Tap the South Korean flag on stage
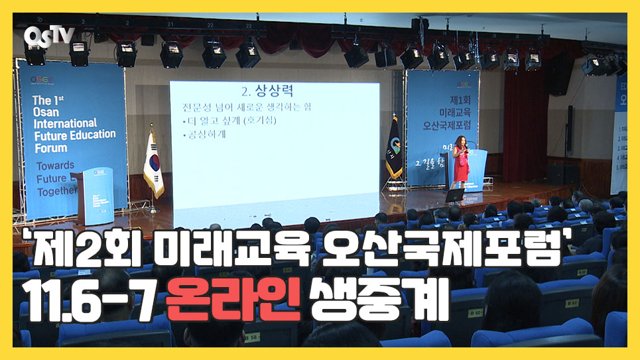[x=153, y=164]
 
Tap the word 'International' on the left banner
[x=65, y=123]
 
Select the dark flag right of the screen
[x=394, y=150]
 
